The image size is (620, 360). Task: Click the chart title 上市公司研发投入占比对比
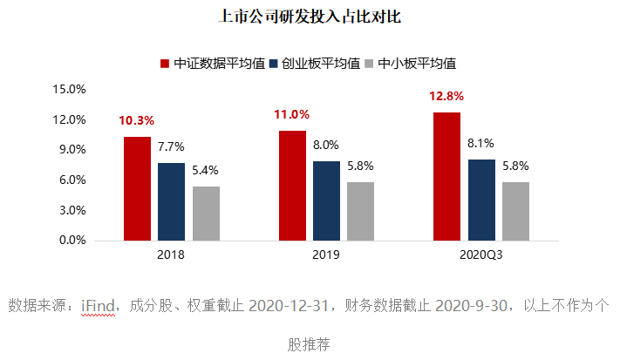coord(310,17)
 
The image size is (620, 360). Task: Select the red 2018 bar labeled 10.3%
coord(137,188)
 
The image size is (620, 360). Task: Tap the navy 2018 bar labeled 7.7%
coord(171,201)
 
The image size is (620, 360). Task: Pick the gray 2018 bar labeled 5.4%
coord(206,214)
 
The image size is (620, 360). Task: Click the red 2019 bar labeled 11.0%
coord(292,186)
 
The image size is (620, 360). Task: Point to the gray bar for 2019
coord(361,211)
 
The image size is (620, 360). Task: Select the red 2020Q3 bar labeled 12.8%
coord(446,176)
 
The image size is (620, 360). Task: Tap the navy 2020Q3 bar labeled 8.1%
coord(481,200)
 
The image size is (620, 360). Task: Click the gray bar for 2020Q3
coord(515,211)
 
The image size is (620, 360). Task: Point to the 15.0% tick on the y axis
coord(69,89)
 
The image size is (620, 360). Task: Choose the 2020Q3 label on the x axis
coord(481,255)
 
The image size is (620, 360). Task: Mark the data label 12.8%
coord(446,97)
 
